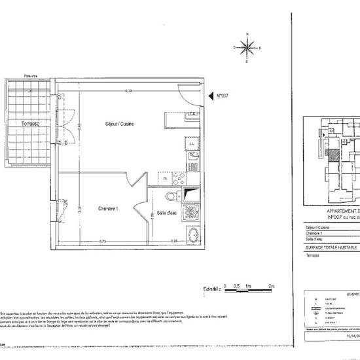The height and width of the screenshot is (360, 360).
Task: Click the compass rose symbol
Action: pos(247,46)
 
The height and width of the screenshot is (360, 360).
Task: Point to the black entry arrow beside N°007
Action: pos(219,96)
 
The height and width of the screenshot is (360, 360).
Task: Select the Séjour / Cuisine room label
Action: pos(119,124)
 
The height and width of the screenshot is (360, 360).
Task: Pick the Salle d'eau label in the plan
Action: pos(169,213)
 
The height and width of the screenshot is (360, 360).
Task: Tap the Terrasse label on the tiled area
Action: pos(29,124)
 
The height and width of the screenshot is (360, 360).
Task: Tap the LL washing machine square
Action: pos(192,143)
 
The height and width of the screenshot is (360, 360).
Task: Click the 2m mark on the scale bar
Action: pos(272,286)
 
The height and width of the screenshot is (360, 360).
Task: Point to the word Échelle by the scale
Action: pos(210,288)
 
